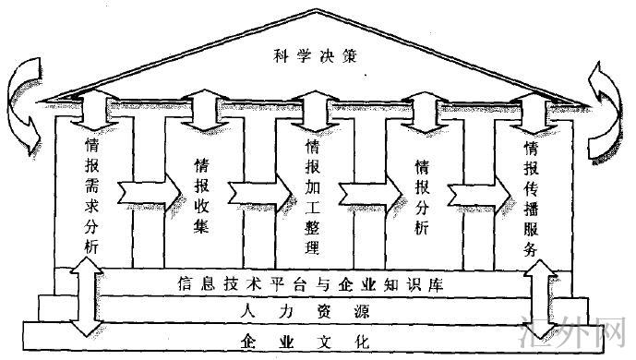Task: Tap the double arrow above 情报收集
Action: point(203,109)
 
